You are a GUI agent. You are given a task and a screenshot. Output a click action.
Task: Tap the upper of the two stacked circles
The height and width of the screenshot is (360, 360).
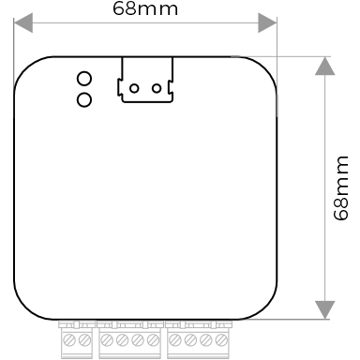click(83, 80)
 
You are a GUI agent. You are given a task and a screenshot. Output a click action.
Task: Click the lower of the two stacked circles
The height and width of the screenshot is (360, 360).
click(83, 97)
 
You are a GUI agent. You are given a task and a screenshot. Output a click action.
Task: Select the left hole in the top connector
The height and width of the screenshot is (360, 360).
click(134, 89)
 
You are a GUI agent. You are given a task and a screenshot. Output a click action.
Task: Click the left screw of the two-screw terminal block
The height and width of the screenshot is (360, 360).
click(69, 338)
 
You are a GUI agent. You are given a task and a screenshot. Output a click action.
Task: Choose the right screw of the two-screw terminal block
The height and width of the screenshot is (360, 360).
click(84, 338)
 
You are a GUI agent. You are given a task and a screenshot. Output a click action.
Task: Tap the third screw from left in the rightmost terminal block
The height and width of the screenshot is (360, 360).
click(205, 338)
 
